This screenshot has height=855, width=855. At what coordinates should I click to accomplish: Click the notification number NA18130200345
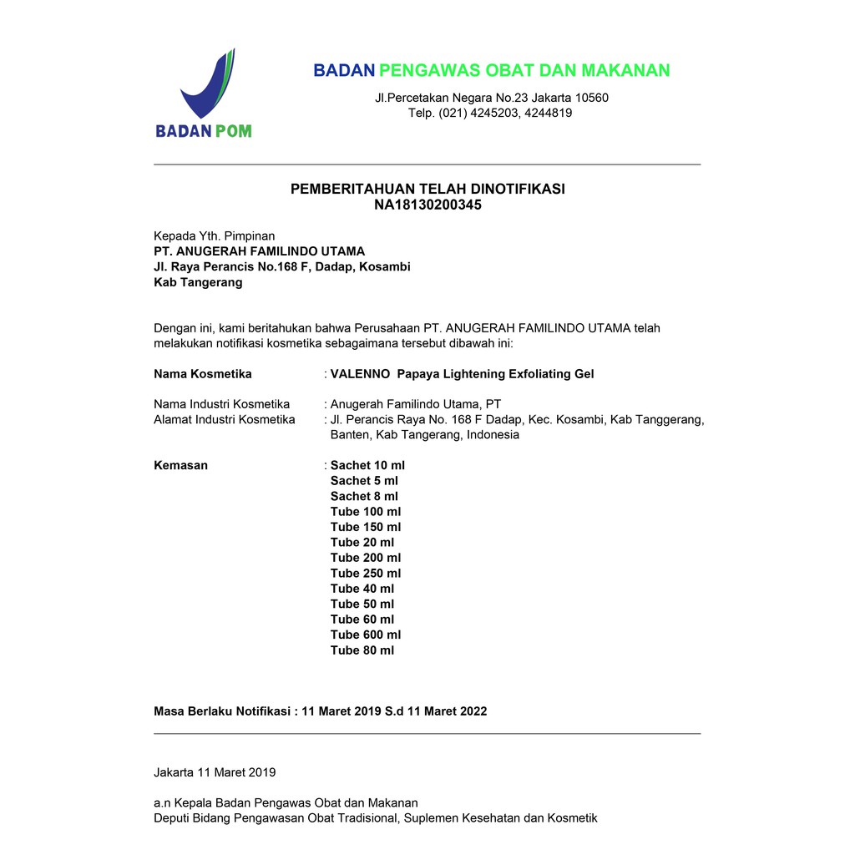(x=427, y=205)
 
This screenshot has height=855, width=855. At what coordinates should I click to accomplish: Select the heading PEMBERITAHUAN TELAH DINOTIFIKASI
(x=427, y=189)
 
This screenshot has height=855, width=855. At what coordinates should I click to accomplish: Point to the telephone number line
(x=490, y=113)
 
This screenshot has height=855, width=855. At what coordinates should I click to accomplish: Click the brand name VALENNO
(x=360, y=374)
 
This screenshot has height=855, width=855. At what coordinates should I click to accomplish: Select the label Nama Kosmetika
(x=203, y=374)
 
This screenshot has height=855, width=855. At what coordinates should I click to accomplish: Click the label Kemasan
(x=181, y=465)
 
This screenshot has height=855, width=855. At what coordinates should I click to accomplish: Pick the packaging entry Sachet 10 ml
(x=367, y=465)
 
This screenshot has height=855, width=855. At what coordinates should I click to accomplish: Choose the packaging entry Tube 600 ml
(x=366, y=635)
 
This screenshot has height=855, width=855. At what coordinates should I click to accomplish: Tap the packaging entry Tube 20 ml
(x=362, y=542)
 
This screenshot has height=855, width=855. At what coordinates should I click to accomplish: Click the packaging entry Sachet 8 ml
(x=364, y=496)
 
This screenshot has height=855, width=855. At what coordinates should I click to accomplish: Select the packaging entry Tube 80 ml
(x=362, y=650)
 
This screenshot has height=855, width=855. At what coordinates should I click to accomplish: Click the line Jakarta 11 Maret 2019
(x=215, y=772)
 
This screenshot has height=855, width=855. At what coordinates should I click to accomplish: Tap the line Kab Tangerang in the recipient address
(x=198, y=282)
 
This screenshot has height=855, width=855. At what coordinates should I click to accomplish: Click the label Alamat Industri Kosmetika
(x=225, y=419)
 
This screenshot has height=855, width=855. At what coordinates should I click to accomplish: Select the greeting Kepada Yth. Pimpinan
(x=215, y=236)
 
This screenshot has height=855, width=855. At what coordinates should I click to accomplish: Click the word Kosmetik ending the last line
(x=572, y=818)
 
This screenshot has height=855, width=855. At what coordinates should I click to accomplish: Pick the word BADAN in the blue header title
(x=343, y=70)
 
